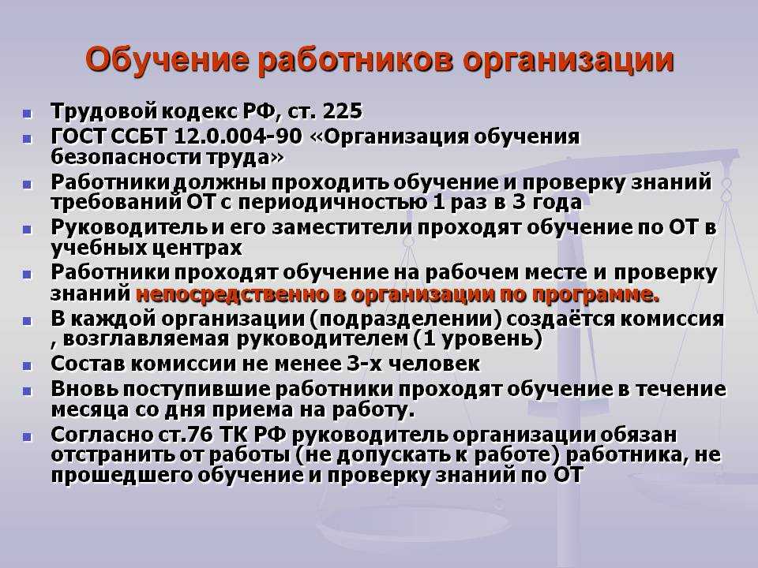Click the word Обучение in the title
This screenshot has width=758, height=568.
(167, 60)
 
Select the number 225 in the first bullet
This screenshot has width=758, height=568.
(342, 111)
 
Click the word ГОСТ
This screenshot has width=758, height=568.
(78, 136)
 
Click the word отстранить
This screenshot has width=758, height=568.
(112, 455)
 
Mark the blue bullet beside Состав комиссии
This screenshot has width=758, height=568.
(27, 365)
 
